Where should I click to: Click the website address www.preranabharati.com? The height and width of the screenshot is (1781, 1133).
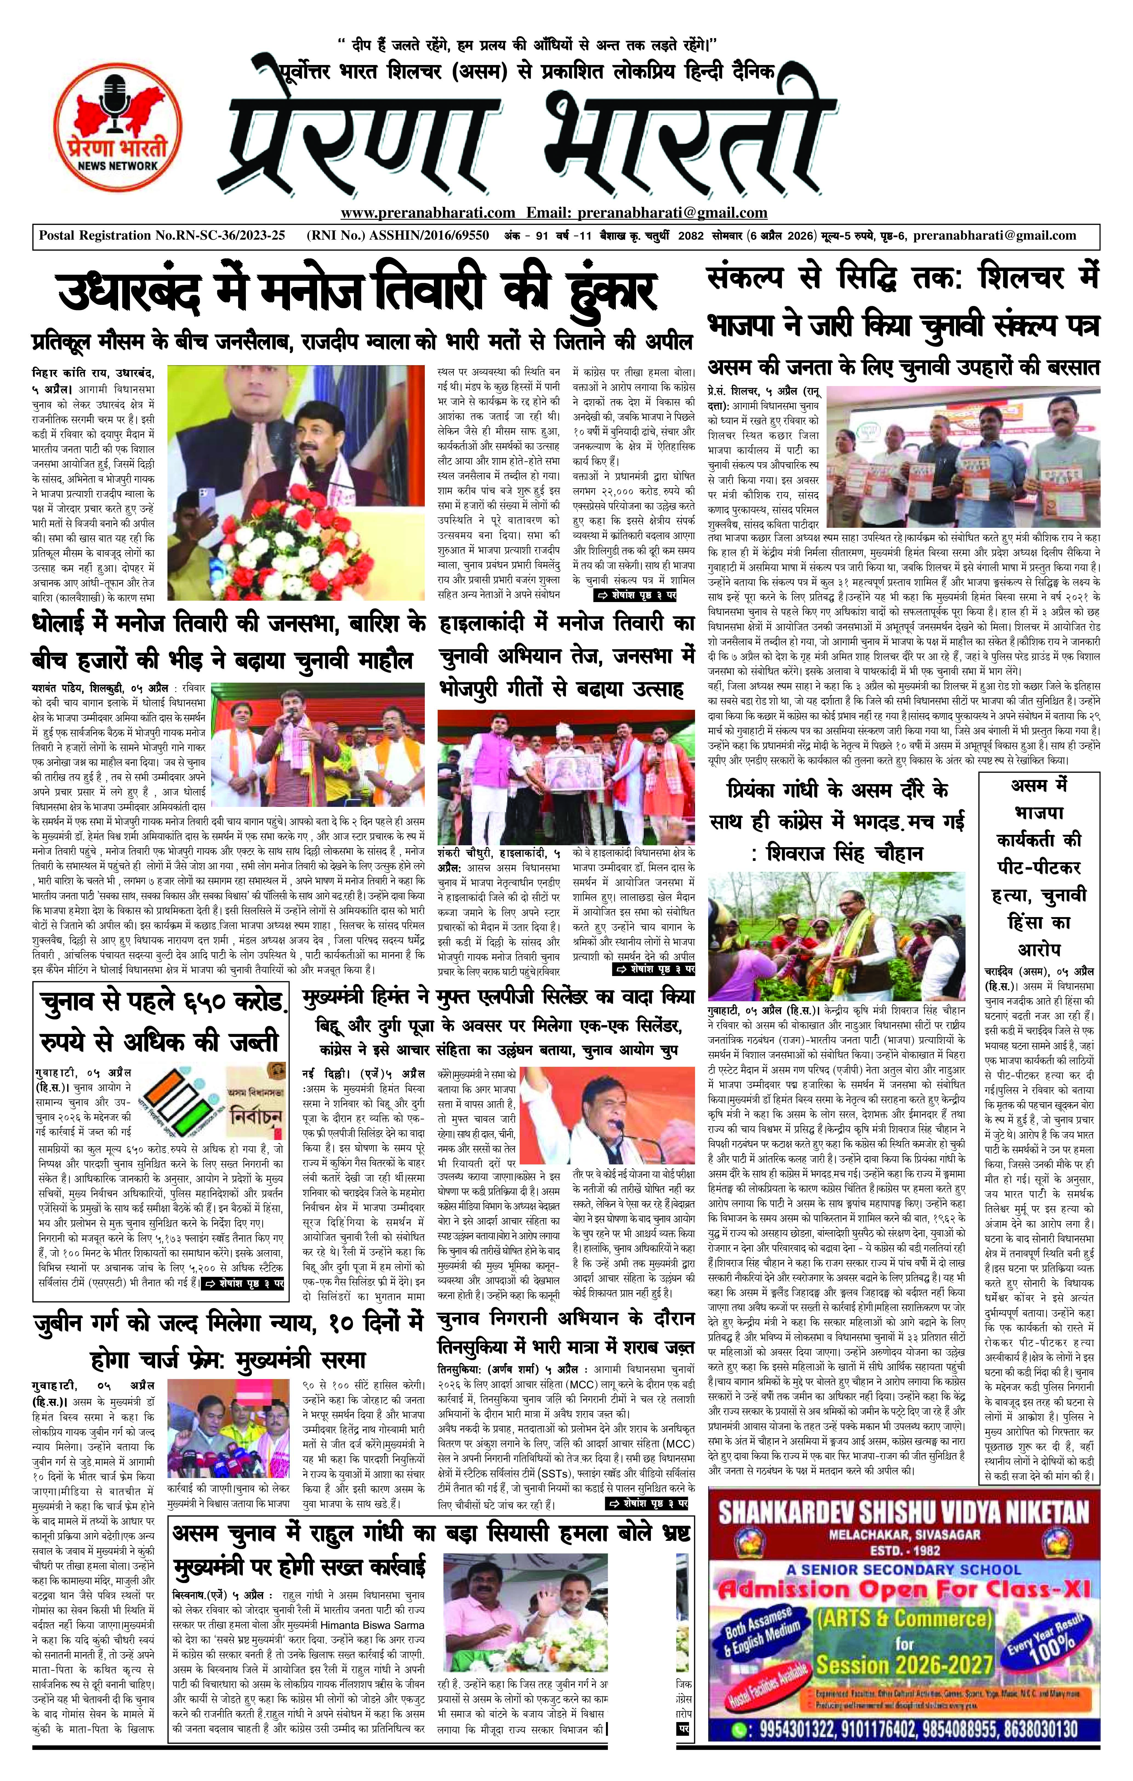point(428,213)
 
